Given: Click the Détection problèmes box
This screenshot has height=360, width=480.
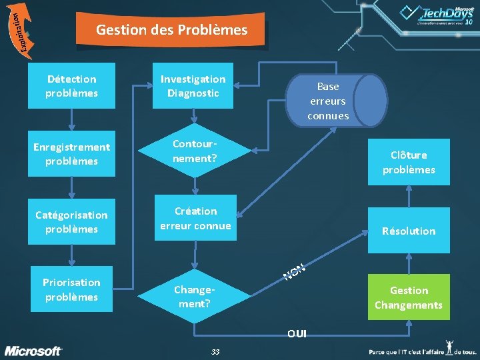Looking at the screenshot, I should (71, 86).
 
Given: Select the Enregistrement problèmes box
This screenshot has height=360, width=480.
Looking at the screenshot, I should (71, 154).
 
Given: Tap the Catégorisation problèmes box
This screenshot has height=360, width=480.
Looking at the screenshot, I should (71, 222).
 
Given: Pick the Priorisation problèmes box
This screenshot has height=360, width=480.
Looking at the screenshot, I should (71, 290).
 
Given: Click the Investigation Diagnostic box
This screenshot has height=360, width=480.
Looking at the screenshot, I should (193, 86).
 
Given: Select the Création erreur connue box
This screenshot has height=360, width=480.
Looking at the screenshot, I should (195, 218).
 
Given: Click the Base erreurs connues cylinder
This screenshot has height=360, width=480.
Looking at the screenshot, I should (336, 101).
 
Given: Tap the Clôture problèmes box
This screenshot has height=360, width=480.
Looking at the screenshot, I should (409, 161).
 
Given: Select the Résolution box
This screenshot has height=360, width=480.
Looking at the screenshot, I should (409, 231).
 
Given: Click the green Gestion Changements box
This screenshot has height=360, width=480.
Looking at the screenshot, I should (409, 297).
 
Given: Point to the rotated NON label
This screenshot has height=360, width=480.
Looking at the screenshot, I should (294, 271).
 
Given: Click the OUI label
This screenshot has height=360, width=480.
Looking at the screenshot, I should (297, 333).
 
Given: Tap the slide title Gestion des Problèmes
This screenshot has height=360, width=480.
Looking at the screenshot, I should (171, 30).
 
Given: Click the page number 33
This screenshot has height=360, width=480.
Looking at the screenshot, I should (215, 351).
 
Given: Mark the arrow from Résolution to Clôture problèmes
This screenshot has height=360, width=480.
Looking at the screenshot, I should (409, 196).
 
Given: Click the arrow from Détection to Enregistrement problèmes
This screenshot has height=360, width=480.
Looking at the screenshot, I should (71, 119).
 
